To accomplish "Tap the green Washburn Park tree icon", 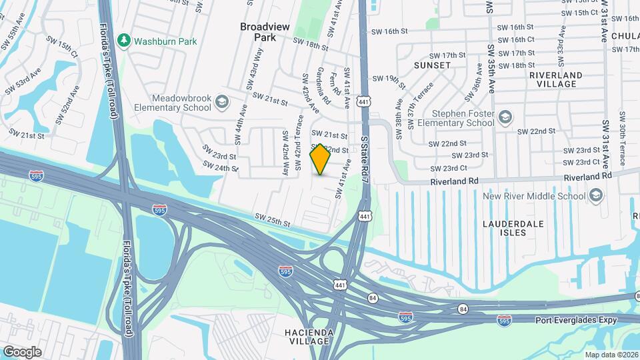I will click(x=123, y=41).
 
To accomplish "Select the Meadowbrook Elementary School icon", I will click(x=222, y=103).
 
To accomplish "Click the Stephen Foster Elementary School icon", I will click(x=505, y=118).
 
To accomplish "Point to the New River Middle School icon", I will click(x=595, y=196).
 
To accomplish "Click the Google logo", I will click(x=22, y=351).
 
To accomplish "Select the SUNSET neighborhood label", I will click(x=432, y=65).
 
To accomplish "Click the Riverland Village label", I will click(x=556, y=79).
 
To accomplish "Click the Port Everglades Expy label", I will click(x=578, y=320).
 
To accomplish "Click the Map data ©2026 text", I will click(x=611, y=355).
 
